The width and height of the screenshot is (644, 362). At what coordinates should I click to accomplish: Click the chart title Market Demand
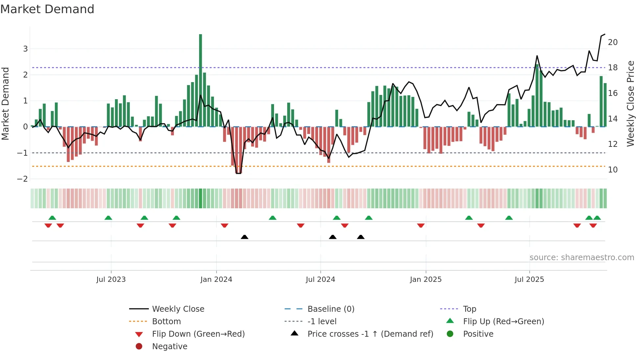47,9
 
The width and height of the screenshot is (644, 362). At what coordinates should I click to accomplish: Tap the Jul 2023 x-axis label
111,280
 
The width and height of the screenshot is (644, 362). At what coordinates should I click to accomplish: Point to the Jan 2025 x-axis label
425,280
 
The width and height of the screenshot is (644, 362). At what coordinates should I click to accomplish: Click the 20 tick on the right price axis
612,42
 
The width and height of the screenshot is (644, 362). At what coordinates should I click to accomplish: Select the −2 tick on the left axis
23,179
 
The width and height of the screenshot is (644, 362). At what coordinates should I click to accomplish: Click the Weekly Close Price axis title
630,103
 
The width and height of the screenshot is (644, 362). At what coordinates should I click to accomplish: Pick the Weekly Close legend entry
178,309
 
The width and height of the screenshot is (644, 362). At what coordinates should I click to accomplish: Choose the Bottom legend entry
166,322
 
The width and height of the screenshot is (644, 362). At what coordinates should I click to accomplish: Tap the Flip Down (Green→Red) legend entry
198,334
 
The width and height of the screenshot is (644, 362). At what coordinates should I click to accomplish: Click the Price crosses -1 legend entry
370,334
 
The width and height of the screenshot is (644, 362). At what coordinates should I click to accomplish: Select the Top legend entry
469,309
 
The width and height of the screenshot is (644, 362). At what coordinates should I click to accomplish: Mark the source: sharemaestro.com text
582,258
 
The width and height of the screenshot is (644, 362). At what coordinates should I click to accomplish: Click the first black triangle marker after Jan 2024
244,237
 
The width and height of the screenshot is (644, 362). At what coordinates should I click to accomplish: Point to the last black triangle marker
361,237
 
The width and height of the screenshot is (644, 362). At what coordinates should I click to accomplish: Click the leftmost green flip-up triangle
52,218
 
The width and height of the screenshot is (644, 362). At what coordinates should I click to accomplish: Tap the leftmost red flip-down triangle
48,225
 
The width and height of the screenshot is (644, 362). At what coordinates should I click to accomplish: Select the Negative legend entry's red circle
139,347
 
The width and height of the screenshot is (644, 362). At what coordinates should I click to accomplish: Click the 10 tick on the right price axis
612,170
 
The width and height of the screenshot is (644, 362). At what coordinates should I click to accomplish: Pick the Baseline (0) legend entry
331,309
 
